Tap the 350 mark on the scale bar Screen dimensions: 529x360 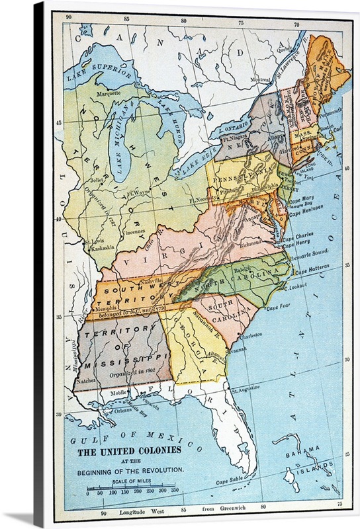(x=175, y=492)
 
